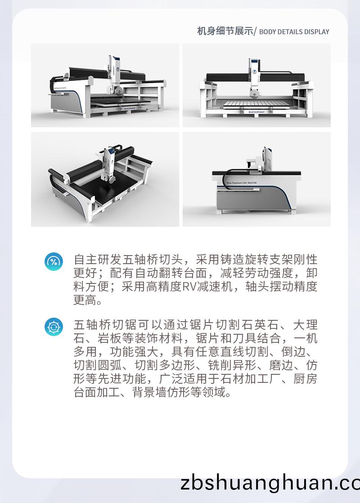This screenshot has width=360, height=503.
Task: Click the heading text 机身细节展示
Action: (225, 31)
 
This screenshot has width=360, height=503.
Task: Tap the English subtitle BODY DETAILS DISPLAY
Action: (294, 32)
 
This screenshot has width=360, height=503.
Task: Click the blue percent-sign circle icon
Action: (54, 261)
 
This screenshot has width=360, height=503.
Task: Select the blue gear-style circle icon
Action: (54, 326)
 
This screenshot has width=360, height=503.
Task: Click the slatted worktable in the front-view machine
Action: (256, 104)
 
